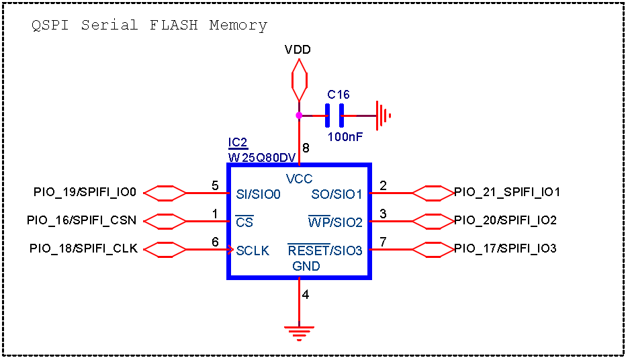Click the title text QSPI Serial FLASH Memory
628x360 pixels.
pos(149,26)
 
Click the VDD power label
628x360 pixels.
pos(298,50)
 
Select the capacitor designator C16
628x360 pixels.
pos(339,95)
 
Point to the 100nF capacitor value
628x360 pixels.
pos(345,136)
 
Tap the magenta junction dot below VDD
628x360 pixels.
pos(299,115)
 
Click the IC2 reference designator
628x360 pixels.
pos(238,142)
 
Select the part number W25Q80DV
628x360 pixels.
pos(262,157)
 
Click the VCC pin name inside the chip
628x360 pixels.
pos(299,179)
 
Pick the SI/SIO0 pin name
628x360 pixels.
pos(258,194)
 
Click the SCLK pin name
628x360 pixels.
pos(253,251)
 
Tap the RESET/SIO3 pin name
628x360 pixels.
pos(325,251)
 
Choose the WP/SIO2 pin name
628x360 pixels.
pos(334,222)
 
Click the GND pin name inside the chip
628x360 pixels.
pos(306,266)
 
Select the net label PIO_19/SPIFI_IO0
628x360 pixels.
pos(85,193)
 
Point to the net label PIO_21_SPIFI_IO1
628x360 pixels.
pos(507,193)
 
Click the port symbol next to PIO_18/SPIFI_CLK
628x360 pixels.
pos(165,249)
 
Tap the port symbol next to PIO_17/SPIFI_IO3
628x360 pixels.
pos(433,249)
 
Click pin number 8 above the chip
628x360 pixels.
pos(306,148)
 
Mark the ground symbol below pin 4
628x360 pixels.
pos(299,331)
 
